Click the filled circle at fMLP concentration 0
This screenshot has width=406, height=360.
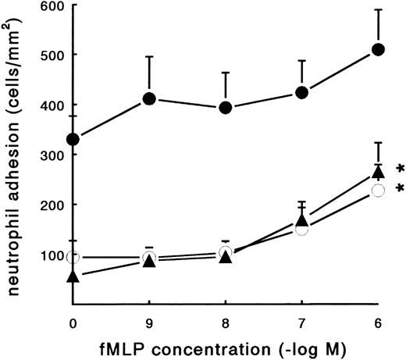(73, 139)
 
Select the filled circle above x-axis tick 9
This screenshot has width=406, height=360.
(149, 99)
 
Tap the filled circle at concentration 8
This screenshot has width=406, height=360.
(226, 108)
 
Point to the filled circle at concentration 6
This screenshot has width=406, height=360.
(379, 49)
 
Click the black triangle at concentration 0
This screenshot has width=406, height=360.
(73, 276)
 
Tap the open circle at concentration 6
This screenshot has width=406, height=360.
(379, 191)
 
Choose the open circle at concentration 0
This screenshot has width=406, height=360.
(73, 257)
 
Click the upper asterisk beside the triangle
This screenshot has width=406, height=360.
(400, 169)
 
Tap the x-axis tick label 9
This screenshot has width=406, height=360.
(149, 319)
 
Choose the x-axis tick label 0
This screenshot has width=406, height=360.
(73, 319)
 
